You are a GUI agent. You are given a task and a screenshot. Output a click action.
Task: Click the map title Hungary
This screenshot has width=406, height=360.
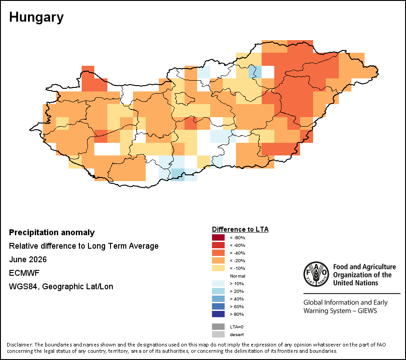(36, 18)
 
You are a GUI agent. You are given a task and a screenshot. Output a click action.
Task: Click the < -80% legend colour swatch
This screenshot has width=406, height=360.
(218, 237)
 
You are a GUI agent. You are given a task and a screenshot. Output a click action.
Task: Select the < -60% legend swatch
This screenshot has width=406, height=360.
(218, 245)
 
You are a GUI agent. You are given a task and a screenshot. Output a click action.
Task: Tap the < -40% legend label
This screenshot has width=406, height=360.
(237, 253)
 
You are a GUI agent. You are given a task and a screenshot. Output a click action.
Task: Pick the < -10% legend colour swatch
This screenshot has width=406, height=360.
(218, 268)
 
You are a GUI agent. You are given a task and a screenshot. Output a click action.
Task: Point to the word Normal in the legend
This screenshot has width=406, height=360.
(237, 276)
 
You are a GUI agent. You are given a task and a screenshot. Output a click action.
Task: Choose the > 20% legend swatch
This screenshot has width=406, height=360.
(218, 291)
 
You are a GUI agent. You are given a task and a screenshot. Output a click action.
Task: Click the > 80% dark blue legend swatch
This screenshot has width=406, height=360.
(218, 314)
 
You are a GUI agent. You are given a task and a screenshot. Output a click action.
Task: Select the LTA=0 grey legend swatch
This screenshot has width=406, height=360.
(218, 327)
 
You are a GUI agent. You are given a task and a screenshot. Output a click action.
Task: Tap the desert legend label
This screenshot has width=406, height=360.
(237, 335)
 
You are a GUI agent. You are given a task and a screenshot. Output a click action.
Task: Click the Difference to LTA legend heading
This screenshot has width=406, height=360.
(240, 229)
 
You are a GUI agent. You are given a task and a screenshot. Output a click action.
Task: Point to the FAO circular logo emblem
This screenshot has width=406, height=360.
(316, 274)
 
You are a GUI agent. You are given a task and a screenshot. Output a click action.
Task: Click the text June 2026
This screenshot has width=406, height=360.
(28, 260)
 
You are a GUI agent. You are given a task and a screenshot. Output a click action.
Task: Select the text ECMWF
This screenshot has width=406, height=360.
(24, 273)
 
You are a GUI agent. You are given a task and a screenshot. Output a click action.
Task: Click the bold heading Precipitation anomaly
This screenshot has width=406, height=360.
(52, 232)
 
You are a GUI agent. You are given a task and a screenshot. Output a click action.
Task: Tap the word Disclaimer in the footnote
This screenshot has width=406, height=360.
(20, 345)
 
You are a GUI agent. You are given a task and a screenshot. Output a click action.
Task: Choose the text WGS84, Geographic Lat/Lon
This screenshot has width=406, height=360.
(61, 287)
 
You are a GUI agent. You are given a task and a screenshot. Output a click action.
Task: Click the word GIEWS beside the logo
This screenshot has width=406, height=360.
(367, 310)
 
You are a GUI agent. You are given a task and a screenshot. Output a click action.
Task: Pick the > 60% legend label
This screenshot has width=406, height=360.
(237, 307)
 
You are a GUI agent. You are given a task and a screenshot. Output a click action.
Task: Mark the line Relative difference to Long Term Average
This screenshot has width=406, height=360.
(83, 246)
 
